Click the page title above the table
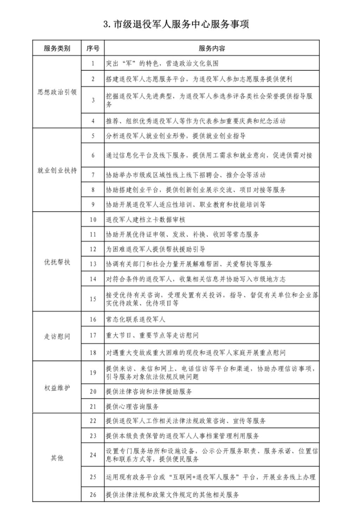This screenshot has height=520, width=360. pos(176,24)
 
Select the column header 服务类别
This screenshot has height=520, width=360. pos(57,48)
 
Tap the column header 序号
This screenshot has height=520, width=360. pos(93,48)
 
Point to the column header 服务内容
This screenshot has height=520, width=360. pos(212,48)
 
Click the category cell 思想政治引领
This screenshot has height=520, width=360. pos(57,92)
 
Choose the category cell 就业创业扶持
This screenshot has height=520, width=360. pos(57,170)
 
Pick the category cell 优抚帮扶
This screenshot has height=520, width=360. pos(57,262)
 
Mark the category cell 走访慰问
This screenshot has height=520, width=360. pos(57,336)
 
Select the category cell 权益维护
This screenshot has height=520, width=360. pos(57,388)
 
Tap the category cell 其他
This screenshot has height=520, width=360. pos(57,458)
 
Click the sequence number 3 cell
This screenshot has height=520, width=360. pos(93,100)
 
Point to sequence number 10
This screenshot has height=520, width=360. pos(93,220)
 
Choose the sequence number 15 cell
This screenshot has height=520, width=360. pos(93,299)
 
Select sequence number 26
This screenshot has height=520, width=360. pos(93,495)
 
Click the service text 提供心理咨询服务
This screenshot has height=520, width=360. pos(132,407)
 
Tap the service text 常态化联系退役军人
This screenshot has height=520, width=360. pos(135,319)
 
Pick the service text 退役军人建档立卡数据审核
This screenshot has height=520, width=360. pos(146,220)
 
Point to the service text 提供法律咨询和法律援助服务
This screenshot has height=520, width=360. pos(149,391)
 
